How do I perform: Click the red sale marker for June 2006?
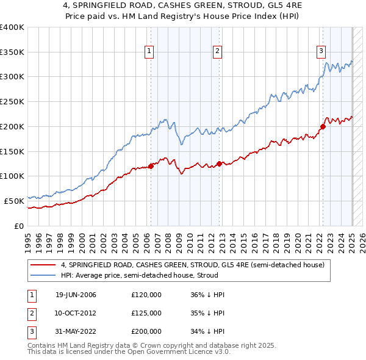(x=151, y=166)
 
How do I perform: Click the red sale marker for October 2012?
(x=219, y=164)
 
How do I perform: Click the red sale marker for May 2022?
(x=323, y=126)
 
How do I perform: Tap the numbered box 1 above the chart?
(x=149, y=51)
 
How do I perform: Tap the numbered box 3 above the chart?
(x=321, y=51)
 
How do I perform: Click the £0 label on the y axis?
(x=20, y=225)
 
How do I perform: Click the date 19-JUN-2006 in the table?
(x=76, y=295)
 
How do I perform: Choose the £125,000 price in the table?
(x=146, y=313)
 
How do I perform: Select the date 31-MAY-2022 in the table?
(x=76, y=331)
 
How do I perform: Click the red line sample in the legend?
(x=43, y=265)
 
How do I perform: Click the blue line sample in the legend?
(x=43, y=275)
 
